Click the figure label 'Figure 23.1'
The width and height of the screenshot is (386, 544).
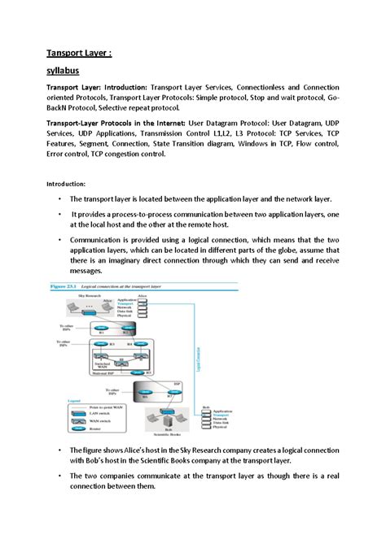66,286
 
